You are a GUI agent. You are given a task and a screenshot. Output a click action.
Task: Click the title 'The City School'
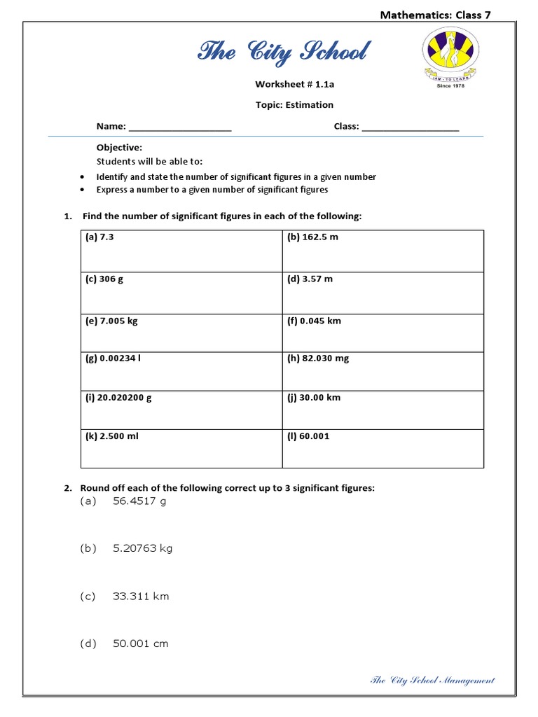pyautogui.click(x=283, y=52)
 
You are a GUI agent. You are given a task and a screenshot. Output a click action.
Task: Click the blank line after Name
pyautogui.click(x=180, y=127)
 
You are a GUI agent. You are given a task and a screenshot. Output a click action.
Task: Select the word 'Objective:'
pyautogui.click(x=119, y=148)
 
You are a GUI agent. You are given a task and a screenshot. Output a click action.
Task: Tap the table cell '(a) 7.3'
pyautogui.click(x=99, y=237)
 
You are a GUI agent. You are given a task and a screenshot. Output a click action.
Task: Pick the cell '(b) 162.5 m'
pyautogui.click(x=312, y=237)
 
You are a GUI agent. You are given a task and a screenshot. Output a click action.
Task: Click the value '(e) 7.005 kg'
pyautogui.click(x=111, y=321)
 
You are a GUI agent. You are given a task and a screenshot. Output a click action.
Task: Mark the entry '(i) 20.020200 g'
pyautogui.click(x=118, y=398)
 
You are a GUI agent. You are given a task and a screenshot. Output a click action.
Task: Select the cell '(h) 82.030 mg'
pyautogui.click(x=318, y=358)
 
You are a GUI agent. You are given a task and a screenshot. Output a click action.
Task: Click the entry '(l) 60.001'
pyautogui.click(x=308, y=436)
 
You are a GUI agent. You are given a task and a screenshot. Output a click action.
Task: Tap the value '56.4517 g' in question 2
pyautogui.click(x=139, y=501)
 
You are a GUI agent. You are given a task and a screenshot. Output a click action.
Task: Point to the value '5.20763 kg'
pyautogui.click(x=142, y=549)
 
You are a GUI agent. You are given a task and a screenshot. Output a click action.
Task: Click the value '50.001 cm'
pyautogui.click(x=141, y=643)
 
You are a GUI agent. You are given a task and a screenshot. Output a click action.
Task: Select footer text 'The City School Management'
pyautogui.click(x=432, y=680)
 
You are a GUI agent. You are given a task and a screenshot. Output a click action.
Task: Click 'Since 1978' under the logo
pyautogui.click(x=451, y=86)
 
